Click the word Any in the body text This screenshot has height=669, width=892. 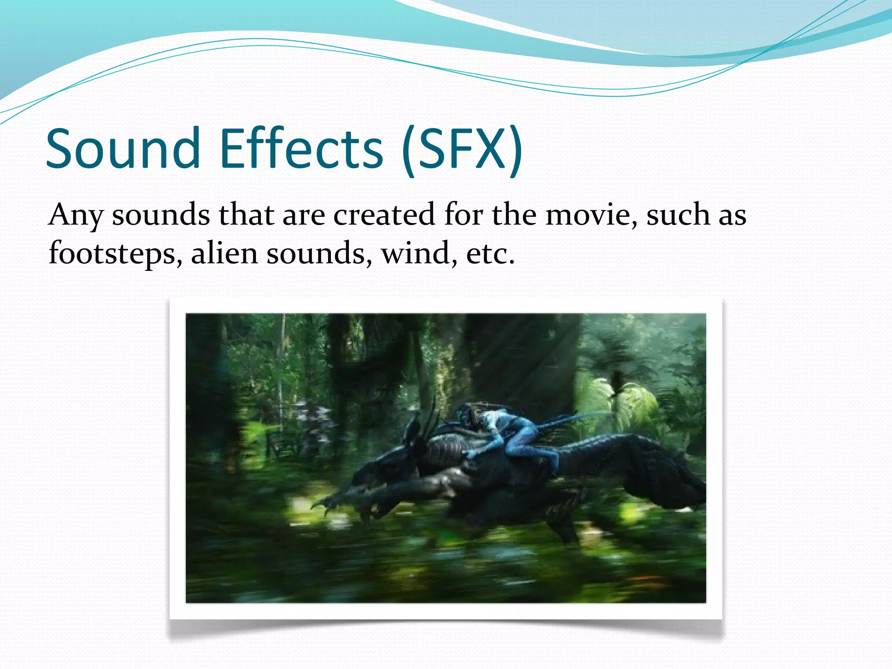[x=75, y=216]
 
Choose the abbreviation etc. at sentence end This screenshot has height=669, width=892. [x=490, y=253]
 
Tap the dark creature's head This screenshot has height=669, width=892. [x=418, y=440]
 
